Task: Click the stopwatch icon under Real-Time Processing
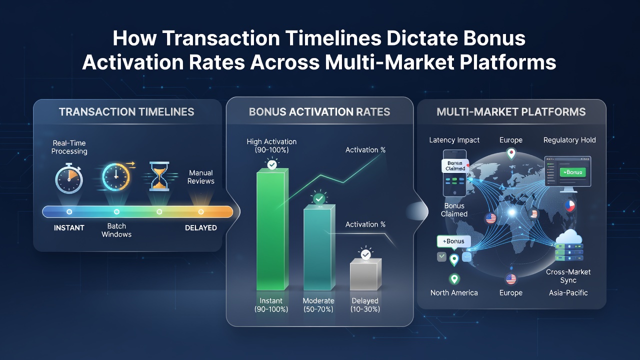click(x=69, y=178)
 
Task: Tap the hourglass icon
click(x=159, y=176)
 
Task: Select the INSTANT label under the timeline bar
click(x=69, y=227)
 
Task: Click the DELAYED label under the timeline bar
click(x=201, y=227)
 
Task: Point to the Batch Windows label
click(x=116, y=230)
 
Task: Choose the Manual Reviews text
click(x=201, y=177)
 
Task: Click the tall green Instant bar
click(x=272, y=229)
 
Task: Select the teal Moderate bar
click(x=319, y=247)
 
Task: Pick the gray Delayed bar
click(x=365, y=274)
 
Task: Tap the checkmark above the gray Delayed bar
click(x=365, y=254)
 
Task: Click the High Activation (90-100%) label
click(x=271, y=145)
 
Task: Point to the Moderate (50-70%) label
click(x=318, y=305)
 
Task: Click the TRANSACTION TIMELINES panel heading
click(x=126, y=111)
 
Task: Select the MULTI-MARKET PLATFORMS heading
click(x=511, y=111)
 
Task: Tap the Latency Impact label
click(x=454, y=140)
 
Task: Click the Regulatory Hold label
click(x=569, y=140)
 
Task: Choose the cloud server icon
click(x=569, y=245)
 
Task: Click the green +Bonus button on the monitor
click(x=572, y=172)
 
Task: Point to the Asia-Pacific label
click(x=568, y=293)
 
